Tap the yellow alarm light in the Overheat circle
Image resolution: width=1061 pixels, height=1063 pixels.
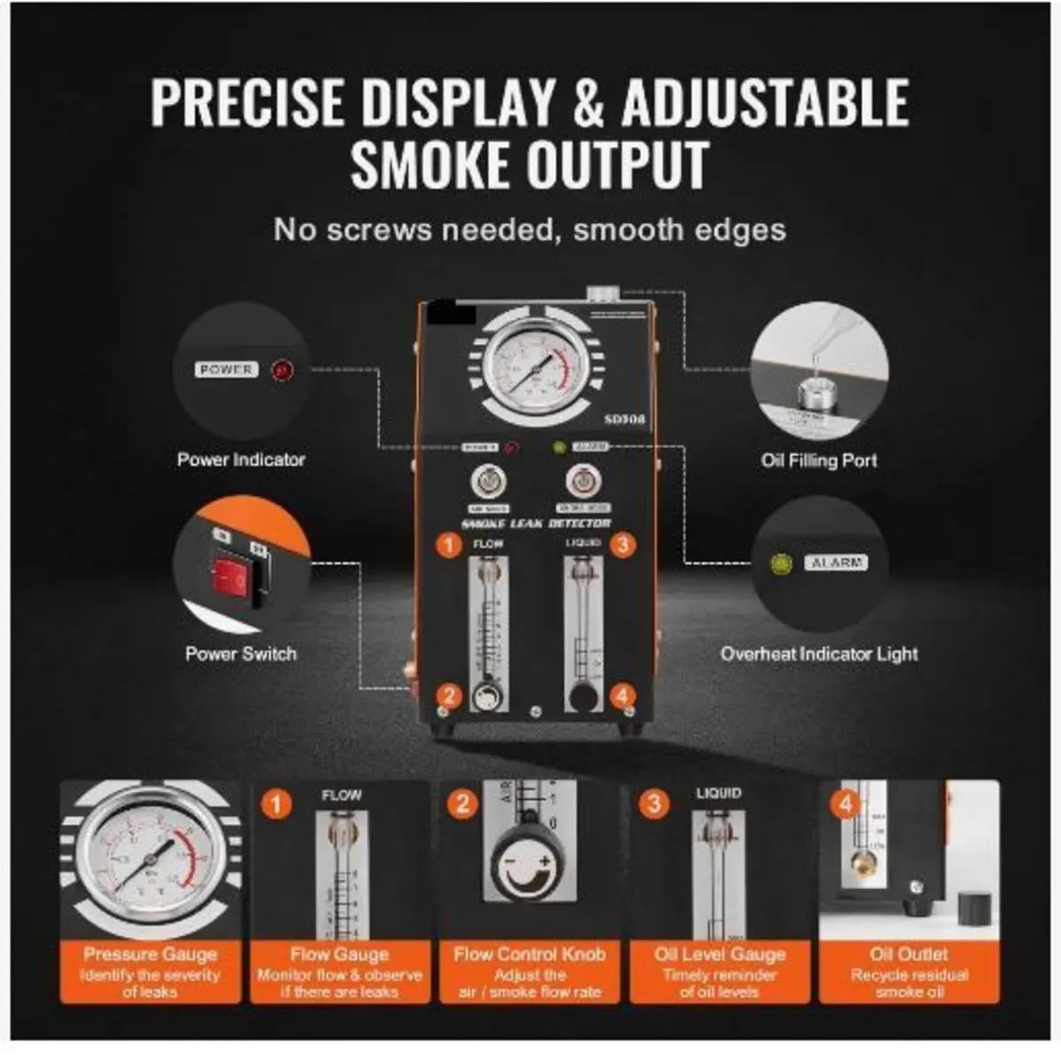click(x=780, y=563)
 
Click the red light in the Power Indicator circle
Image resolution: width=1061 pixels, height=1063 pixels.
click(x=283, y=371)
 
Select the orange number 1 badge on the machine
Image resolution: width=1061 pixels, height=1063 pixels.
click(x=450, y=544)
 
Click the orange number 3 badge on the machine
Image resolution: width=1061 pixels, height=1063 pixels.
click(x=623, y=544)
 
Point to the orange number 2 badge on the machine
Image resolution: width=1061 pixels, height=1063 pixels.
click(x=450, y=695)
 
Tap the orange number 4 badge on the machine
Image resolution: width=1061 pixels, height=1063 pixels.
click(x=623, y=695)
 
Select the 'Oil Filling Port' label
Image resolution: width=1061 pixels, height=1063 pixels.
click(x=818, y=461)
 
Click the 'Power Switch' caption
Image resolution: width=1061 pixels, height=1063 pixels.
click(x=241, y=654)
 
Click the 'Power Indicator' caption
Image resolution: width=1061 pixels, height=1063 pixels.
click(x=241, y=460)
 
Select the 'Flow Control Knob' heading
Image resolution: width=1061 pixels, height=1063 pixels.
click(x=530, y=954)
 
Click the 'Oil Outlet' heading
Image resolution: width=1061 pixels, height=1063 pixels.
click(x=909, y=954)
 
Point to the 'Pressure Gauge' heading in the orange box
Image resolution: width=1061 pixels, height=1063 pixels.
click(x=151, y=954)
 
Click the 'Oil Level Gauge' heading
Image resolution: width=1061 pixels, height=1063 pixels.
click(x=719, y=954)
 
